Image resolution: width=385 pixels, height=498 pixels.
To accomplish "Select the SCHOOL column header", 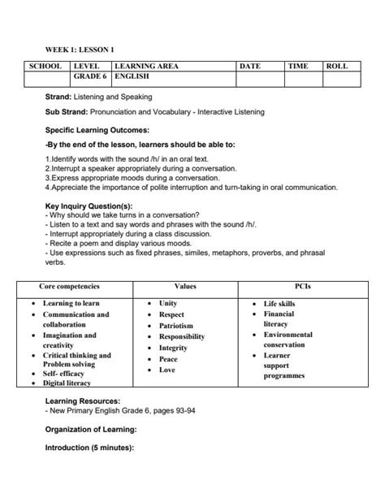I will click(45, 65).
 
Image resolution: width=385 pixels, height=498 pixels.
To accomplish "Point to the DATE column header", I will click(250, 65).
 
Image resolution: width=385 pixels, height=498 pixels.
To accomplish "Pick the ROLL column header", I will click(337, 65).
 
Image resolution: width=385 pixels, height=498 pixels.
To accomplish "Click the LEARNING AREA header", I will click(147, 65).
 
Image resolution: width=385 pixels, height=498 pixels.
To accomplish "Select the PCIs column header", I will click(296, 287).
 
